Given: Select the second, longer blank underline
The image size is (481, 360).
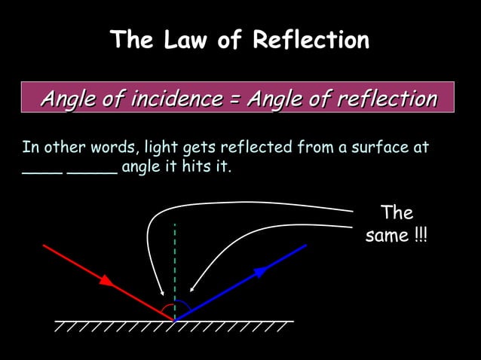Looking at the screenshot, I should [x=92, y=172].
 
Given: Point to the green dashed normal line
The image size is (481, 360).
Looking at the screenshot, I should [x=175, y=264].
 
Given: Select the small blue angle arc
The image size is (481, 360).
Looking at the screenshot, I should [x=182, y=307].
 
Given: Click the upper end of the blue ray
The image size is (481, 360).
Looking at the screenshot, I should [x=305, y=246].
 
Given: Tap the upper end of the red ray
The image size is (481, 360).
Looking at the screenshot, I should [x=44, y=246].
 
